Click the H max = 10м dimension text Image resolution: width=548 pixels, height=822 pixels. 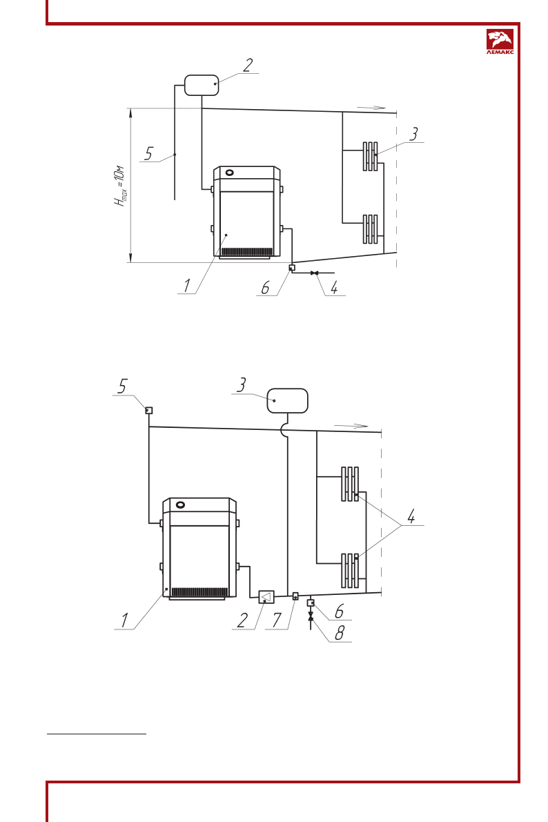(x=121, y=186)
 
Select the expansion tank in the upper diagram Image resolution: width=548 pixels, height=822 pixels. (x=202, y=85)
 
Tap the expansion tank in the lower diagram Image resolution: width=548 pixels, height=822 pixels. (x=287, y=401)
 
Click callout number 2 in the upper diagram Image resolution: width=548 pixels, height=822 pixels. (x=248, y=65)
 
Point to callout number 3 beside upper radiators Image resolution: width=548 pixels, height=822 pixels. (x=413, y=134)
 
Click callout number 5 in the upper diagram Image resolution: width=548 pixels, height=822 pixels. (x=148, y=154)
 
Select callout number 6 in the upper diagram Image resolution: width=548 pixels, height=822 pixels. (x=265, y=288)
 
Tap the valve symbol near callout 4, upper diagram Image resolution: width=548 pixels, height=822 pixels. (x=315, y=273)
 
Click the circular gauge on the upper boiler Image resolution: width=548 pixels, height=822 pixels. (x=230, y=172)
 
